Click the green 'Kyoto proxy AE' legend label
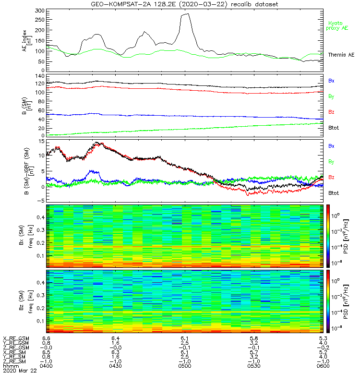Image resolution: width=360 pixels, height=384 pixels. tap(337, 26)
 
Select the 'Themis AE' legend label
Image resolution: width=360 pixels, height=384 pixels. tap(341, 55)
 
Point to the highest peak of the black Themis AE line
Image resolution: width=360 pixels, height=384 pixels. tap(188, 14)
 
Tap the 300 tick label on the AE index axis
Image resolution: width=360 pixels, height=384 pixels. tap(40, 11)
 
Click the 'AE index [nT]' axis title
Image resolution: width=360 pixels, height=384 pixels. tap(26, 41)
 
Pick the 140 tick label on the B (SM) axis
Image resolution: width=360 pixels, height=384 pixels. tap(40, 76)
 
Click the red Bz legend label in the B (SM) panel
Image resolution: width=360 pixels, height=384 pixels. tap(331, 112)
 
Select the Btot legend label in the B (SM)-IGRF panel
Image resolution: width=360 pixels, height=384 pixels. tap(334, 193)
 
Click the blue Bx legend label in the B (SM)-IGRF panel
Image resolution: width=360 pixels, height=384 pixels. tap(331, 146)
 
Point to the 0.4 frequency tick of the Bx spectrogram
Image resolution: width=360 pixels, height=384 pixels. tap(41, 217)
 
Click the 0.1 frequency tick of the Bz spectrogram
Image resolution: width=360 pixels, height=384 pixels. tap(41, 321)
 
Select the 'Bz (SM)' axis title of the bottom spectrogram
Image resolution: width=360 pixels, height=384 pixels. tap(21, 301)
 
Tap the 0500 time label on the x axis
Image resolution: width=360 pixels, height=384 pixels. tap(185, 366)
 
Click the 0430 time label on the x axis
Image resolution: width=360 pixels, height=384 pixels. tap(115, 366)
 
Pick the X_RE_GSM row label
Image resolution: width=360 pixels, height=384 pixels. tap(16, 338)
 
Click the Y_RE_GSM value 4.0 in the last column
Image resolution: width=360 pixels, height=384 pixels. tap(323, 343)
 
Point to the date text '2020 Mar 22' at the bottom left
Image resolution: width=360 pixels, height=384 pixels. tap(20, 371)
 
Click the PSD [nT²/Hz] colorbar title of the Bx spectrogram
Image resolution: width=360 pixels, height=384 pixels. tap(346, 236)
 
